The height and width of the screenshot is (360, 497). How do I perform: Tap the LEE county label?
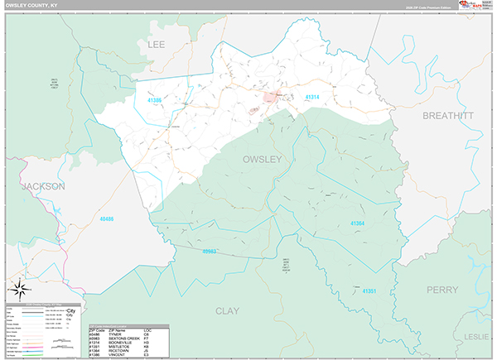(157, 43)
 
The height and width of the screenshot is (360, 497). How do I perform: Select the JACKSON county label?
(43, 186)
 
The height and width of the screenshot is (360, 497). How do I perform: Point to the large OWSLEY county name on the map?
(262, 158)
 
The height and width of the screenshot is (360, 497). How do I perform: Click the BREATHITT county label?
(448, 116)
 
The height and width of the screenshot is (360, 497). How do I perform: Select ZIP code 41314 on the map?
(312, 98)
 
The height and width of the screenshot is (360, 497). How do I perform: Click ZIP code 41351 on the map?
(369, 290)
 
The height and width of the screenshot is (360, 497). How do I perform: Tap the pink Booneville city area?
(270, 98)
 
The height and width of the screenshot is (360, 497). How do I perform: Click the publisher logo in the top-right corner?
(474, 7)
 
